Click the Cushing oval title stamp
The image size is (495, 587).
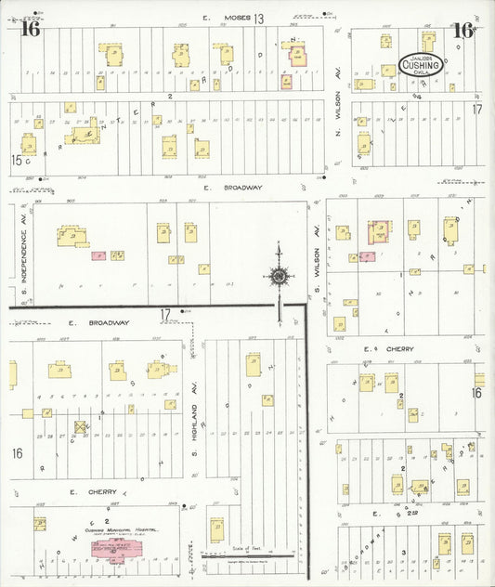(x=420, y=63)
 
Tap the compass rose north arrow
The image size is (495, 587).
(x=278, y=275)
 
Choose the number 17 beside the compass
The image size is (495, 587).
(x=164, y=314)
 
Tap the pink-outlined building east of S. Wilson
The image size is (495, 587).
(x=379, y=232)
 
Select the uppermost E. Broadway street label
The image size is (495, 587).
(x=236, y=187)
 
